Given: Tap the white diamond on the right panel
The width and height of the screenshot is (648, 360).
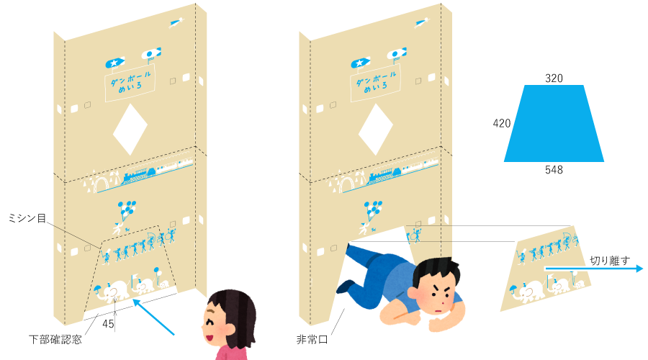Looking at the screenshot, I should click(x=376, y=129).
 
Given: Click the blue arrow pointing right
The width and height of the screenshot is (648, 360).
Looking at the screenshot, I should click(x=594, y=269).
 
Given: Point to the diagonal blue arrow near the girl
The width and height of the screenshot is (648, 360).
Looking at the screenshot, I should click(x=153, y=318).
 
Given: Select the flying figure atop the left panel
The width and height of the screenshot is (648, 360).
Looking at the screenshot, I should click(x=174, y=23).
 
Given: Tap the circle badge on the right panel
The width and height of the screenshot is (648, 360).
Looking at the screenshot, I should click(x=396, y=53).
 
